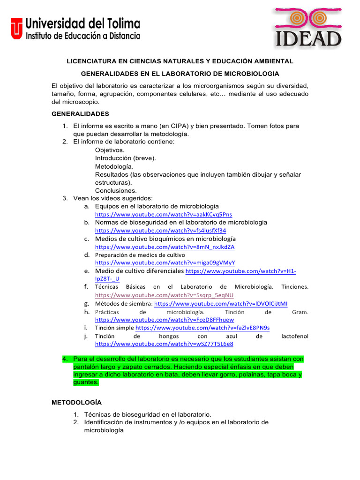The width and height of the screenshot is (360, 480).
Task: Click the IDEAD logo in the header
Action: click(308, 28)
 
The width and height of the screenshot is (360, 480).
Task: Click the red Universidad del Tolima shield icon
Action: click(17, 29)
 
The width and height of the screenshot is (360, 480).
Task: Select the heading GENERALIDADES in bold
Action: click(80, 113)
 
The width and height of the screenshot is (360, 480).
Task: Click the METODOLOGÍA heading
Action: click(76, 402)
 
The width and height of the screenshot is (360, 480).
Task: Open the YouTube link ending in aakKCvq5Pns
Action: click(164, 214)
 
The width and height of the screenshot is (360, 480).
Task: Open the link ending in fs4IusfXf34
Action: click(160, 231)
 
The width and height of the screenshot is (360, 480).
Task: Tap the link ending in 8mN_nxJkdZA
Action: click(165, 247)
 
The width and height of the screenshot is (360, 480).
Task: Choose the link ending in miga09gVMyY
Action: click(165, 262)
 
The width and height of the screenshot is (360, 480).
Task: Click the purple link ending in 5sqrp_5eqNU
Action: click(164, 295)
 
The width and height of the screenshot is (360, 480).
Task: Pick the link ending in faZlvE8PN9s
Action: click(202, 328)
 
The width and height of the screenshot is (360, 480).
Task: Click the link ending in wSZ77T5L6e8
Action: click(164, 344)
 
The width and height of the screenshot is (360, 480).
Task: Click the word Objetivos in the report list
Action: click(110, 150)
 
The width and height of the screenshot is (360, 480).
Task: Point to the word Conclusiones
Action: click(116, 191)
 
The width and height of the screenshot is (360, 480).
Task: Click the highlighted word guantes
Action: click(86, 382)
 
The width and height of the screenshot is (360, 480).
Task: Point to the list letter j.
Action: click(87, 336)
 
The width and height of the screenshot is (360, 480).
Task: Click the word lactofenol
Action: click(295, 336)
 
